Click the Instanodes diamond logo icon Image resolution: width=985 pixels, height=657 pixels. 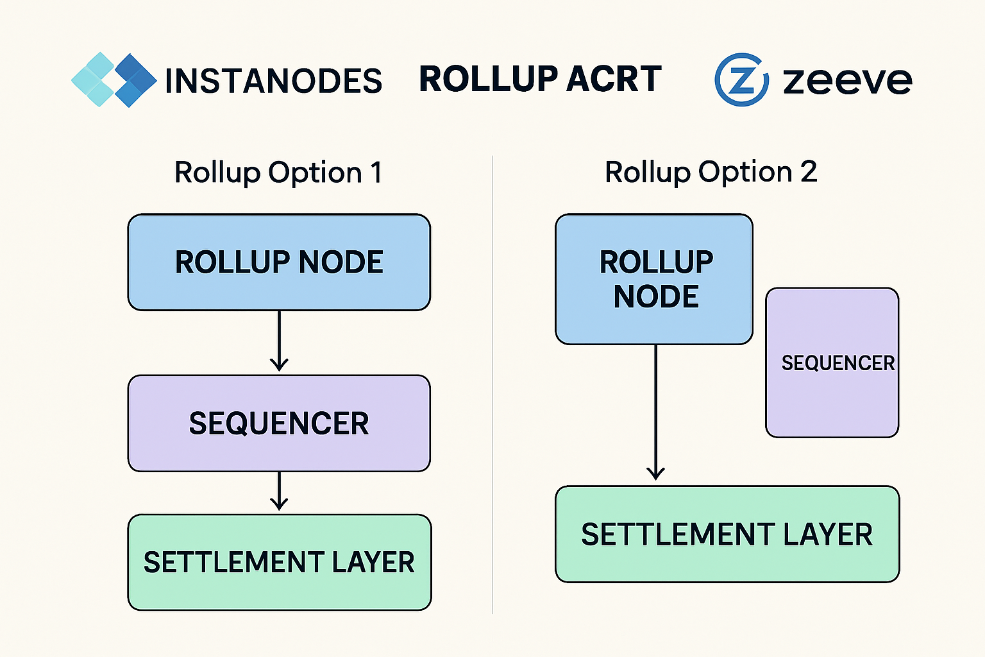point(114,80)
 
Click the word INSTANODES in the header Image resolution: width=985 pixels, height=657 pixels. point(273,81)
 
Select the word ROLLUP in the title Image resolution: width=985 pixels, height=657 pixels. point(488,80)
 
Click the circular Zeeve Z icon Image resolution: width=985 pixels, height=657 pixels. point(741,80)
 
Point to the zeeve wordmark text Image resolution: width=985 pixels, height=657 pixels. point(847,81)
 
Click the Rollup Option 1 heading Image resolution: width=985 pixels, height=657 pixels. point(278,173)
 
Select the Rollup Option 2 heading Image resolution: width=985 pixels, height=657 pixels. point(711,172)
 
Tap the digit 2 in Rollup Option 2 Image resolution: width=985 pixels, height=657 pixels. point(808,172)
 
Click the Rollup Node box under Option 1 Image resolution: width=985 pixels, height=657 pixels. point(279,262)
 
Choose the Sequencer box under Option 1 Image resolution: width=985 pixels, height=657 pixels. point(279,423)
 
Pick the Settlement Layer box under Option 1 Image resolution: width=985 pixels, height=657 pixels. point(279,562)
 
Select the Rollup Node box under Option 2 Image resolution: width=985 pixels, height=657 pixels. point(654,279)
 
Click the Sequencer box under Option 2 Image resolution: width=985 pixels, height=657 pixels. point(832,363)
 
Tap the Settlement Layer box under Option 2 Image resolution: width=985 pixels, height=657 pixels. point(727,534)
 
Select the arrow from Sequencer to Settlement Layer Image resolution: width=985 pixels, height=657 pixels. point(279,491)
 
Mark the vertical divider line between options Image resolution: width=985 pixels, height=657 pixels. point(492,385)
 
